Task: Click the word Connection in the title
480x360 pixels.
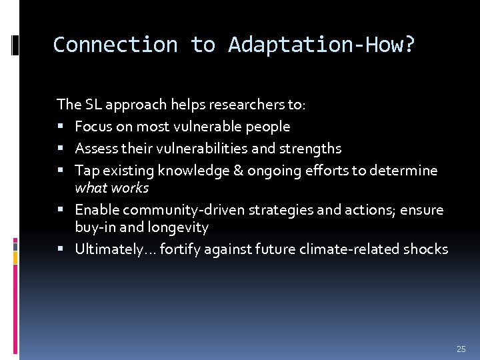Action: point(115,45)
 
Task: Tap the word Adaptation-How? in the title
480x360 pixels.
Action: point(321,45)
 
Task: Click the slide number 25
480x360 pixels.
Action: point(461,349)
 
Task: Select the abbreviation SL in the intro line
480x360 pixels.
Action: point(93,104)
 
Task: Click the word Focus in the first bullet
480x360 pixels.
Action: point(93,126)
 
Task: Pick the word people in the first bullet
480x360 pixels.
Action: point(267,126)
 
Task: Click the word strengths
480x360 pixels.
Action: point(311,148)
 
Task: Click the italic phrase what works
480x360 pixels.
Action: point(111,187)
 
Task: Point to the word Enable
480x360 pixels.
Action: point(97,210)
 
